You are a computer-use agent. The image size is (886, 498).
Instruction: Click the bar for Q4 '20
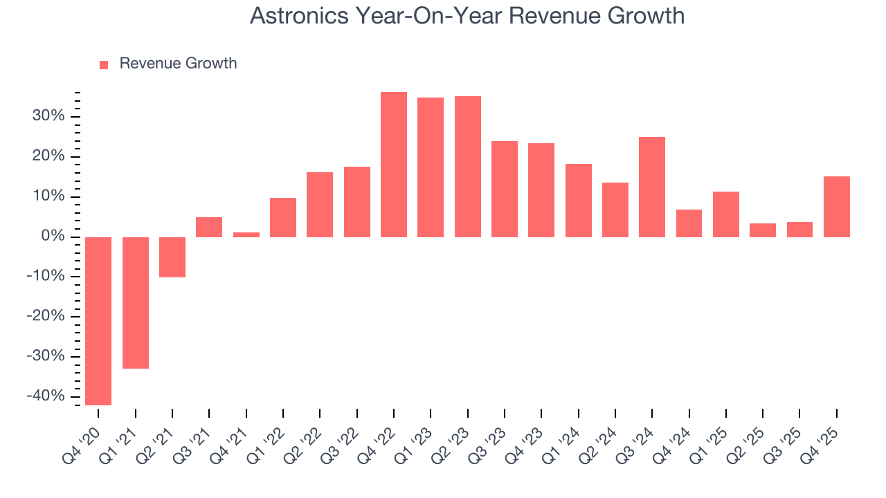98,321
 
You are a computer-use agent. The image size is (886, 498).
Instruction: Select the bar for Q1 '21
136,302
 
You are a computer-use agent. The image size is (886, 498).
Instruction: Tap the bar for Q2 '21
172,257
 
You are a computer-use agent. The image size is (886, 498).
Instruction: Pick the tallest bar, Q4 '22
394,165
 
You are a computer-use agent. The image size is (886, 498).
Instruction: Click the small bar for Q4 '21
246,234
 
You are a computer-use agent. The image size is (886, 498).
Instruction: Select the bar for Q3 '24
652,187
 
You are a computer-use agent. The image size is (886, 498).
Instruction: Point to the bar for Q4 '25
837,207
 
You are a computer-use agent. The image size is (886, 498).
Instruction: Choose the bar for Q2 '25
763,230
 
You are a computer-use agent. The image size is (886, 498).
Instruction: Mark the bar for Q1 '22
283,217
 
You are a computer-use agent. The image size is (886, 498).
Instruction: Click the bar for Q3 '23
505,189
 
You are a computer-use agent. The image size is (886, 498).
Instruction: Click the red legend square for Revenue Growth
104,64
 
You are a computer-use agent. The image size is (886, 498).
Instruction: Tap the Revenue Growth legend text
178,64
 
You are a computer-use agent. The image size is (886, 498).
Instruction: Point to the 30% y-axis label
48,116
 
